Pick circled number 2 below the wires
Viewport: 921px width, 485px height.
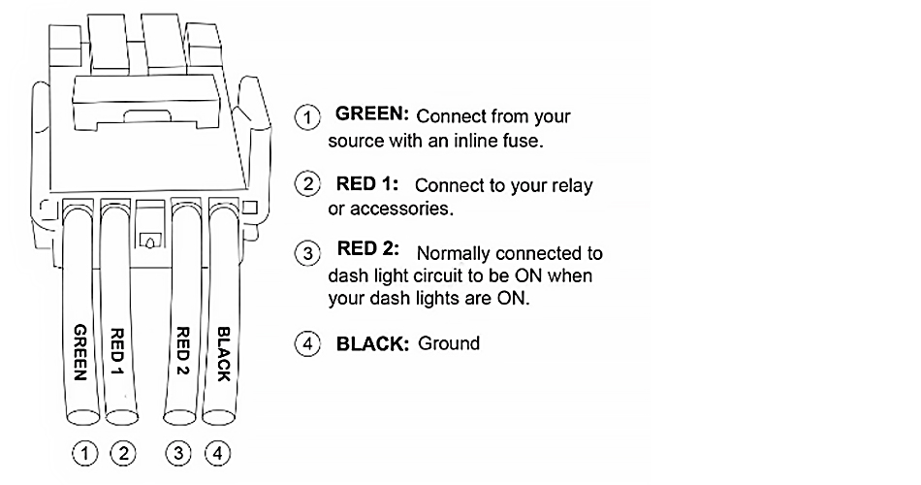coord(123,451)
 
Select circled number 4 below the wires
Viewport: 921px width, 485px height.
coord(219,451)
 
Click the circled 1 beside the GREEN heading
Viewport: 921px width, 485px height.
coord(307,118)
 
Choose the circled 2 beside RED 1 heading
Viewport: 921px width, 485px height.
coord(307,185)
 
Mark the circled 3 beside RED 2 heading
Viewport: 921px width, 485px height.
coord(307,254)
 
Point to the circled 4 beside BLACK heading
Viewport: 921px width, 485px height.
coord(307,344)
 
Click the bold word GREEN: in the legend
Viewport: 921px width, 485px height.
coord(370,114)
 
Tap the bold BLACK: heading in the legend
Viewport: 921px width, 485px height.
coord(373,343)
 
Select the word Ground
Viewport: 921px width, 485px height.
coord(449,343)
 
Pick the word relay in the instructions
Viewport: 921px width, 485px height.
coord(571,185)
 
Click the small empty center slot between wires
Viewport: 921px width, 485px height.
coord(150,237)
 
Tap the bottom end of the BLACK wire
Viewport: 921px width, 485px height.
coord(220,418)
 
